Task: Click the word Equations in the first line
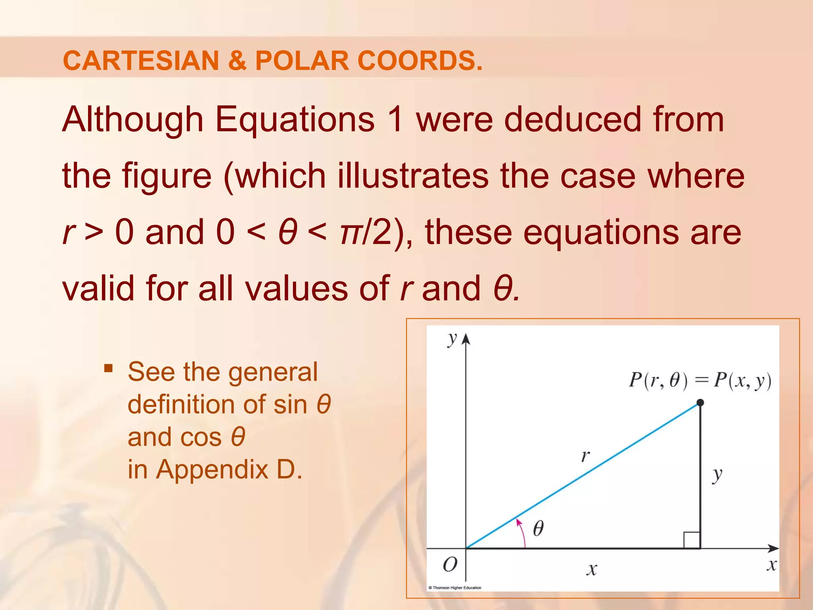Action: click(x=295, y=120)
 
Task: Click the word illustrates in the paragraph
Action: click(x=413, y=176)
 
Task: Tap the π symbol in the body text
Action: click(x=350, y=233)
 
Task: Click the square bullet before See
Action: click(x=108, y=368)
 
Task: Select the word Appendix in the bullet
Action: click(x=212, y=469)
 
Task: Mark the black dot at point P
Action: click(x=700, y=403)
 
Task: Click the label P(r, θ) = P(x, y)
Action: click(x=700, y=380)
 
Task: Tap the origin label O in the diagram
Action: click(x=450, y=564)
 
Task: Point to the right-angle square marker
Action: click(x=692, y=540)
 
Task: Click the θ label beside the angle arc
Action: click(x=538, y=528)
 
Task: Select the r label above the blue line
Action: click(x=585, y=456)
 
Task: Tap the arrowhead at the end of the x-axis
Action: click(x=773, y=548)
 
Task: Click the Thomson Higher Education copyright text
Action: click(x=455, y=588)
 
